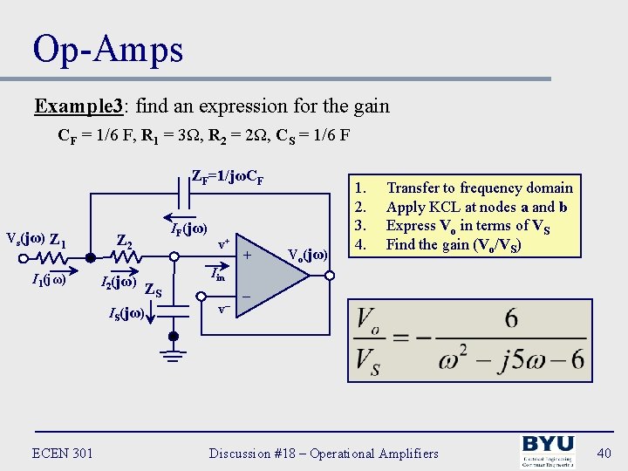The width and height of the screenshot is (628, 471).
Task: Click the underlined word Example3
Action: [78, 106]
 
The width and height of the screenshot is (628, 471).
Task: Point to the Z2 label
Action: [125, 242]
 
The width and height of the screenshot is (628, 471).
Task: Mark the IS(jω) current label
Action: [126, 312]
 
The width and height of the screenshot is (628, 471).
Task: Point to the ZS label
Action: [153, 290]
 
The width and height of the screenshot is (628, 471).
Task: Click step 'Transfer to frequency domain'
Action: [480, 188]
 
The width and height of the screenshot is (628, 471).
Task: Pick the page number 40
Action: [603, 452]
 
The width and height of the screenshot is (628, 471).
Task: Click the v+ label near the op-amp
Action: [223, 243]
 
